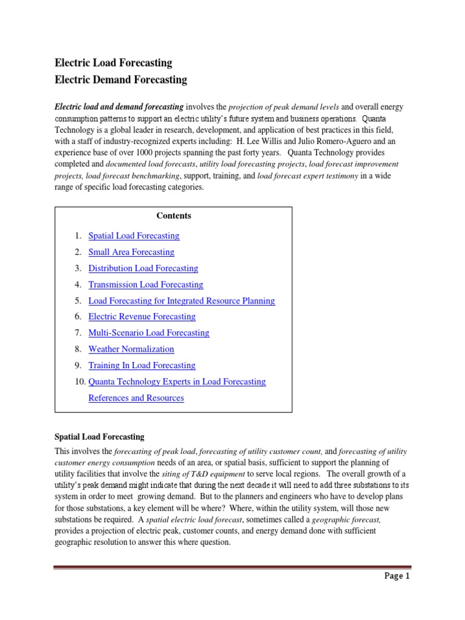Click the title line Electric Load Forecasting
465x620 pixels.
(114, 63)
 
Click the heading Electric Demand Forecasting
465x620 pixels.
(121, 80)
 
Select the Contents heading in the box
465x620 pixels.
(174, 216)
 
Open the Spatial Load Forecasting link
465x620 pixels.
(134, 236)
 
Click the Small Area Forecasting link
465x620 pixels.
(131, 252)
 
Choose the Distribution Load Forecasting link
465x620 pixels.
(143, 268)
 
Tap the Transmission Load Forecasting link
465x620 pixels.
(146, 285)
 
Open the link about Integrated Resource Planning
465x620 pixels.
(182, 301)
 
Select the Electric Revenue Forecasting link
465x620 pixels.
(142, 317)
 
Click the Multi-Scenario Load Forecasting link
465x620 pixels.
(149, 333)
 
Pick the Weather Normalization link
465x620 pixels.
(131, 349)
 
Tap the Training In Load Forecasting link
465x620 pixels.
(142, 366)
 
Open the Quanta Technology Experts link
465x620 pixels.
(177, 382)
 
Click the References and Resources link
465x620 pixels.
(136, 398)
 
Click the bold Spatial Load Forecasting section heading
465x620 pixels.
(100, 437)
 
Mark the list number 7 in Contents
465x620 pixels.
(78, 333)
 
